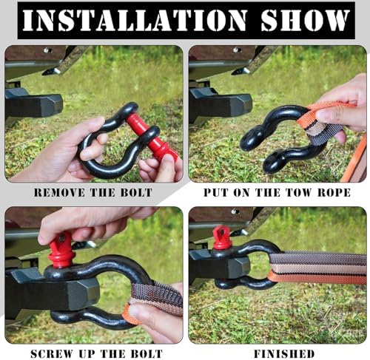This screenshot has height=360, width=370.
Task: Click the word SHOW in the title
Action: (306, 20)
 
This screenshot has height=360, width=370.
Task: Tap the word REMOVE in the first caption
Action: (59, 192)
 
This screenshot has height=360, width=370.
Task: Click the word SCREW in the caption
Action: (52, 354)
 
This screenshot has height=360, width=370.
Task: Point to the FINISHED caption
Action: (284, 354)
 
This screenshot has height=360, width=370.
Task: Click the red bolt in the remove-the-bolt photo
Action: (152, 135)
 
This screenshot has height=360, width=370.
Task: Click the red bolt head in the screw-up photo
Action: (61, 250)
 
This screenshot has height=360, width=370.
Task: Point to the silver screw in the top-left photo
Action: (47, 50)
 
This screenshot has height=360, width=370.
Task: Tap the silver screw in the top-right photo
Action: (237, 50)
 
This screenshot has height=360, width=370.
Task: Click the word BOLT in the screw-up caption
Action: (147, 354)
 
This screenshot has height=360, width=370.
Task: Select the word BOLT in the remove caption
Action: (136, 192)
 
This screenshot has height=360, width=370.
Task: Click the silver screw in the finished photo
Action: (235, 211)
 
